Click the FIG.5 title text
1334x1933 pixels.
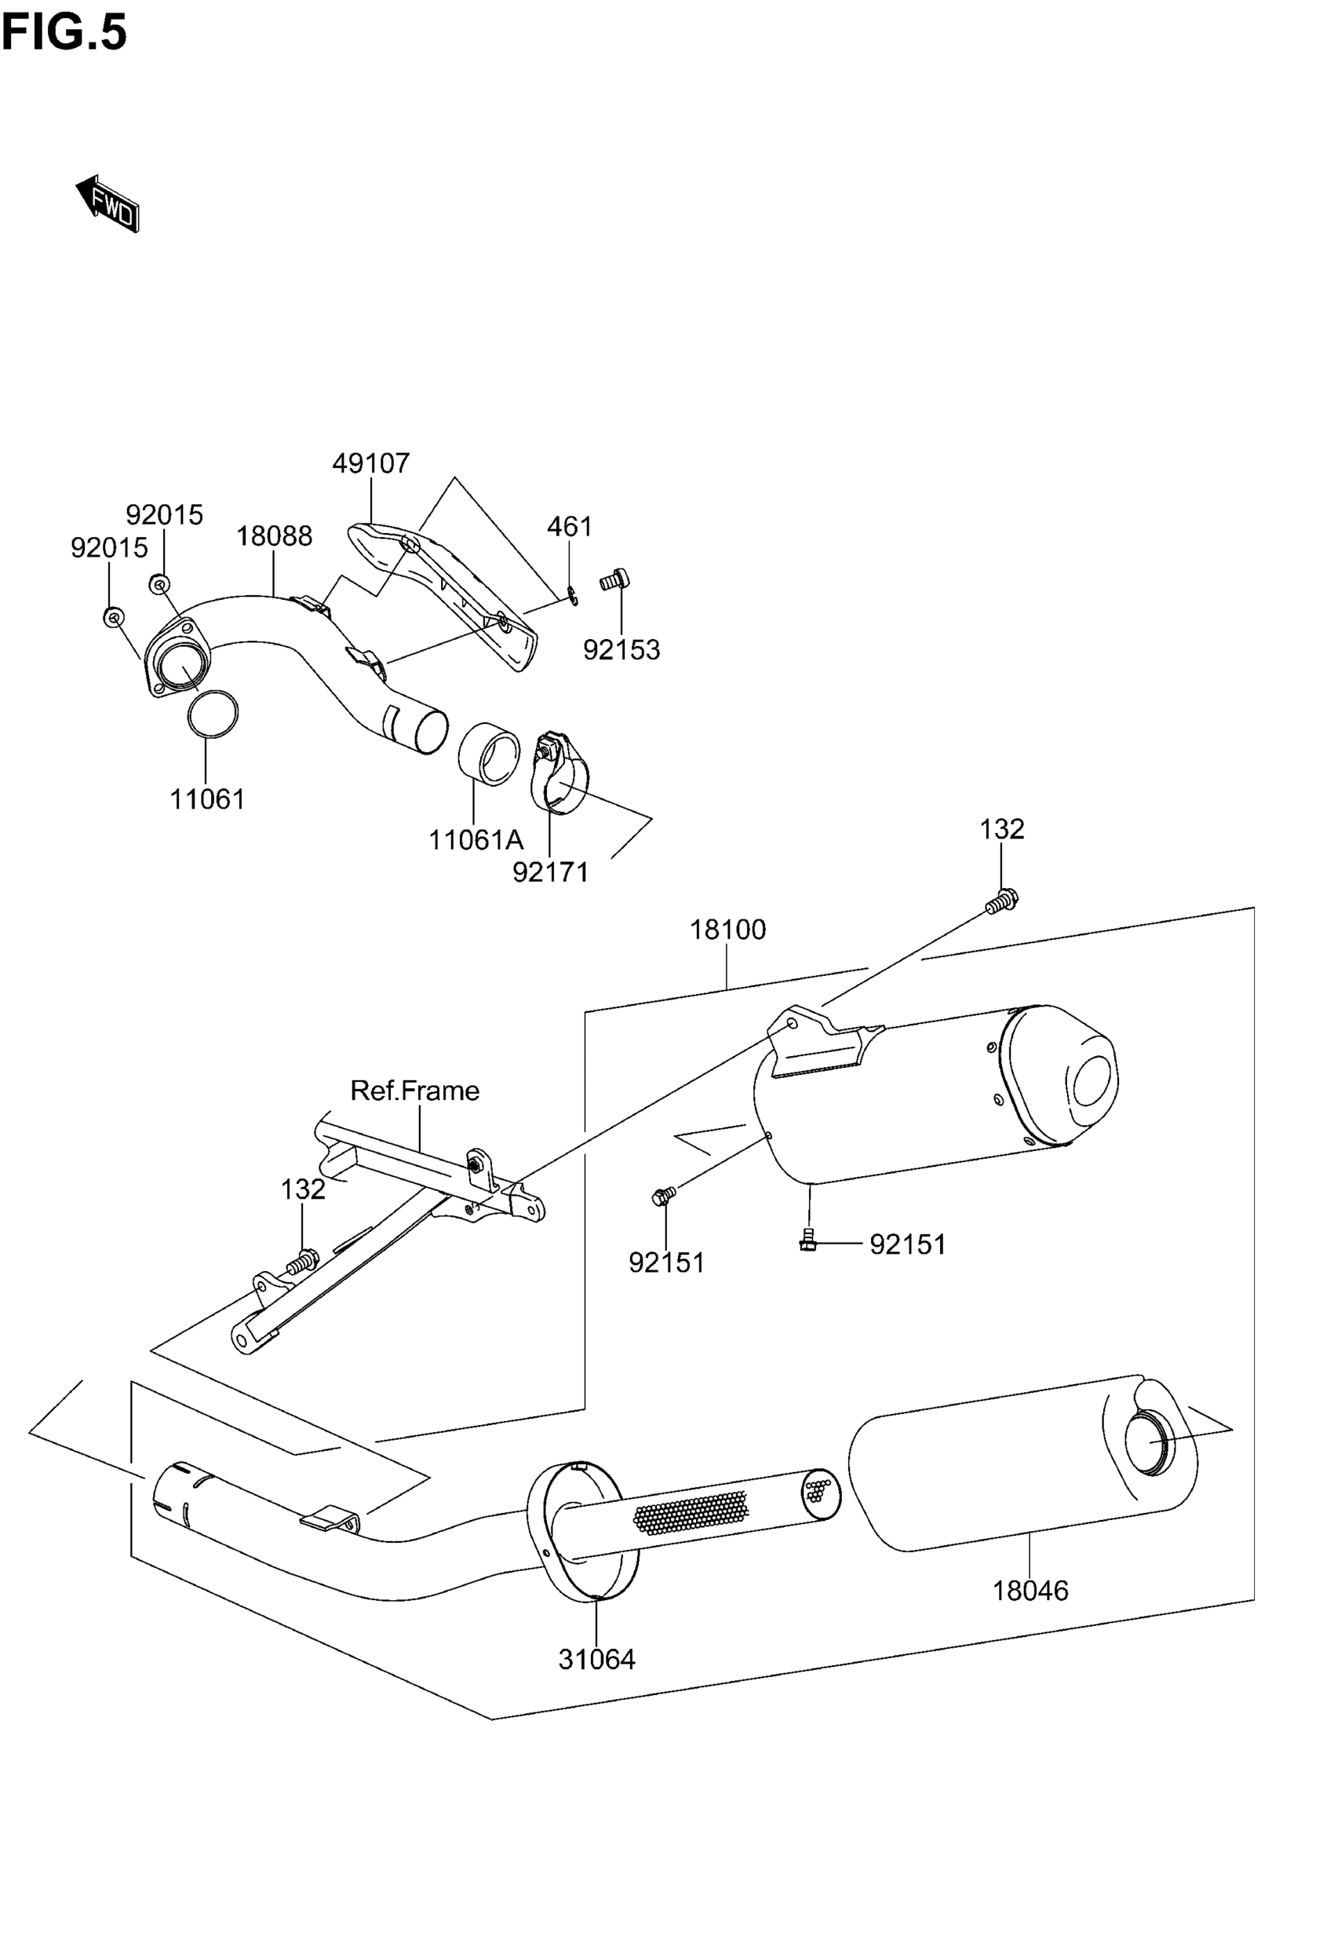[64, 34]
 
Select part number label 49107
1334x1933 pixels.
[371, 463]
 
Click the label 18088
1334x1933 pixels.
[274, 536]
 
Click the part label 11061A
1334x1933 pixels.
[476, 840]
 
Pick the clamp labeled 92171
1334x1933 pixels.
[559, 773]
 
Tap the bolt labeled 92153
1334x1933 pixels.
[614, 579]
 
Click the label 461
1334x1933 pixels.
[569, 527]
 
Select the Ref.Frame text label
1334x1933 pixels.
[414, 1091]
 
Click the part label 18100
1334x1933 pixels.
[727, 930]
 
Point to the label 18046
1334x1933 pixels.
[1030, 1590]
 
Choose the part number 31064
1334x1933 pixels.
[597, 1659]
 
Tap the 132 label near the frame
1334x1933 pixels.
[303, 1189]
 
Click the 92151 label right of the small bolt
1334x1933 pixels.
[908, 1245]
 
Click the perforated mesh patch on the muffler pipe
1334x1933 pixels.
[691, 1512]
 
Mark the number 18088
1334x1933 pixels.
[274, 536]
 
